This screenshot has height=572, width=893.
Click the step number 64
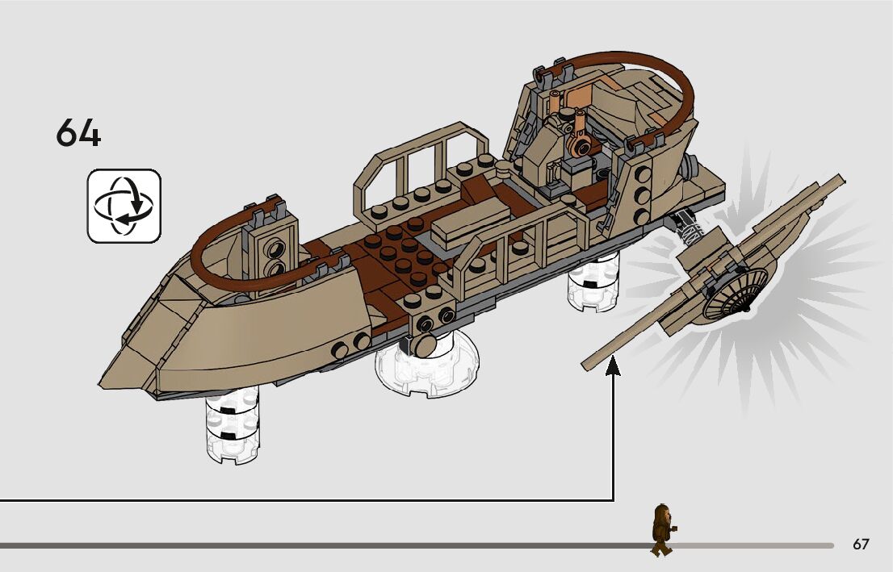pyautogui.click(x=78, y=133)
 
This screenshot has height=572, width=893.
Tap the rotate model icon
pyautogui.click(x=124, y=206)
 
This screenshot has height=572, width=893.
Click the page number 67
pyautogui.click(x=861, y=545)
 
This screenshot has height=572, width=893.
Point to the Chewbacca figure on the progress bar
pyautogui.click(x=662, y=529)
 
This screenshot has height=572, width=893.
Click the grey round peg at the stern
pyautogui.click(x=691, y=167)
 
